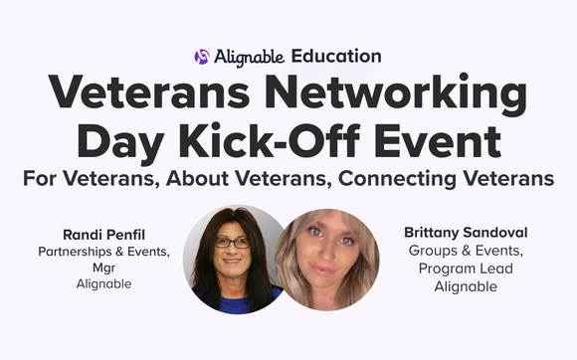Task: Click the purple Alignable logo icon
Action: click(x=202, y=57)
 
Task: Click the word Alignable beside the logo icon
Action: click(x=249, y=57)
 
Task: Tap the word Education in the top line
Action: click(x=336, y=57)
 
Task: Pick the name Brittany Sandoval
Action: click(x=466, y=232)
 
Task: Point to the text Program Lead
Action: click(x=466, y=269)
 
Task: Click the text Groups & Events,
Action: click(x=466, y=251)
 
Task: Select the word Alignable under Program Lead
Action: click(x=466, y=287)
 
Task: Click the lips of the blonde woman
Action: click(x=325, y=271)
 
